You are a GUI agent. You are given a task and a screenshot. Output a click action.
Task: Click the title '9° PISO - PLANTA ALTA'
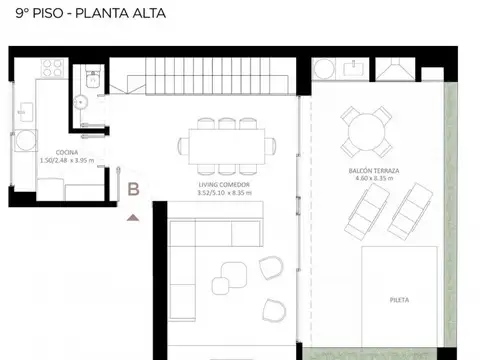tap(83, 14)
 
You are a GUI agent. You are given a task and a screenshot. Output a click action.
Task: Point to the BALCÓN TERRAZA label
tap(373, 171)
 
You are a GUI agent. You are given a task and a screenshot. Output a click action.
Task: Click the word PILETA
tap(400, 298)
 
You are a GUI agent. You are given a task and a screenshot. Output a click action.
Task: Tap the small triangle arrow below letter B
tap(133, 215)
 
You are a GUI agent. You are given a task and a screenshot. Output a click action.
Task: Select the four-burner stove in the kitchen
tap(51, 69)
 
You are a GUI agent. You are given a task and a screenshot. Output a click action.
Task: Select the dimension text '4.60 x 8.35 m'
tap(373, 180)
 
